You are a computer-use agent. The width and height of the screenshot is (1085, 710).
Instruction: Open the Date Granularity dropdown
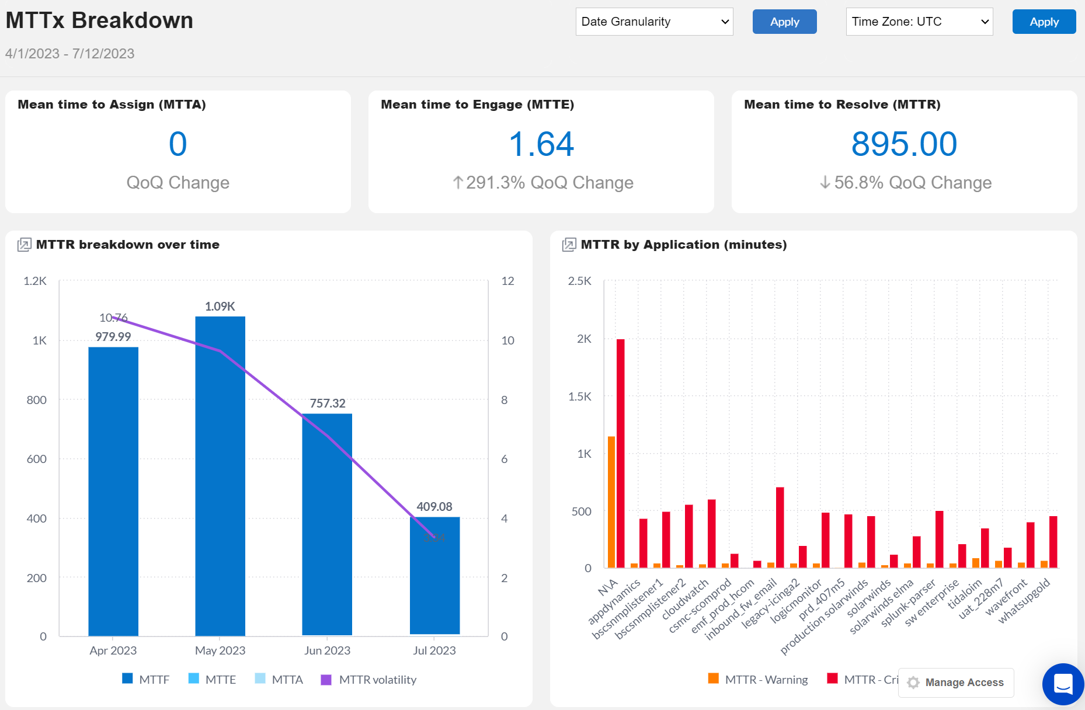(654, 22)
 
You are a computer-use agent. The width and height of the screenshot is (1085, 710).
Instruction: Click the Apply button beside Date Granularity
(784, 22)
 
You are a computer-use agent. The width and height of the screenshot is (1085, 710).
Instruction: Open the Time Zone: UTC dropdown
(919, 22)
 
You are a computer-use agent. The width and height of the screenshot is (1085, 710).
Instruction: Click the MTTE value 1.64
(541, 144)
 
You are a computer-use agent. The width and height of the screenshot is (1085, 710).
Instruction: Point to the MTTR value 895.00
(904, 144)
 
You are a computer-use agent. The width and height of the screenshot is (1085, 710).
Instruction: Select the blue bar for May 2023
(220, 476)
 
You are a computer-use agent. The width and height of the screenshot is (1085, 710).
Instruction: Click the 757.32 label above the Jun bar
(328, 403)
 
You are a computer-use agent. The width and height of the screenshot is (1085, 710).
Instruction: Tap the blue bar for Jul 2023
(434, 575)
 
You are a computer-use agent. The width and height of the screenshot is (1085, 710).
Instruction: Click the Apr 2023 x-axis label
(113, 650)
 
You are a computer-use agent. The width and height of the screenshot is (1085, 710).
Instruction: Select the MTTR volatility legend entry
(369, 680)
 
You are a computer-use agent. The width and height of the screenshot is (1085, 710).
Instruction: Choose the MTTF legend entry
(146, 680)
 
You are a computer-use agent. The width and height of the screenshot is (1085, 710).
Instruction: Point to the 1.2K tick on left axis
(35, 281)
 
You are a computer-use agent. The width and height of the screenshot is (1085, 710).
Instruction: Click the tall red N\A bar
(620, 453)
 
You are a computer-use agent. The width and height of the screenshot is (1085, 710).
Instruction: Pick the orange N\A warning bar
(611, 502)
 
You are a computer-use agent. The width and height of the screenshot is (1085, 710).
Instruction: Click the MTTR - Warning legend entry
(758, 680)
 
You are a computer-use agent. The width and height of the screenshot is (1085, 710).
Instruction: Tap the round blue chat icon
(1063, 684)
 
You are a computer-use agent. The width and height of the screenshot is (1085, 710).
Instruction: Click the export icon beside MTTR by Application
(568, 245)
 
